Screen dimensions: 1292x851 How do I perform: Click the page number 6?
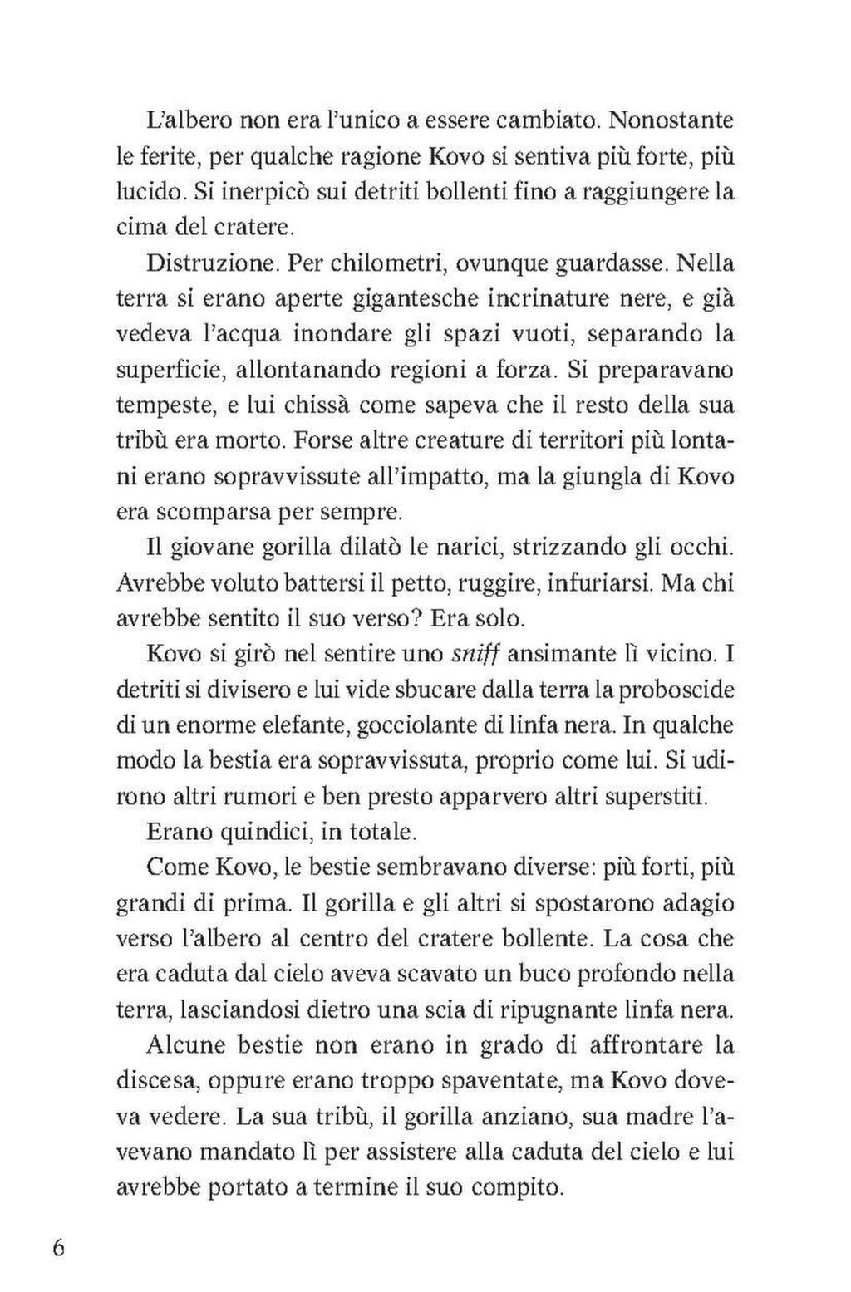57,1250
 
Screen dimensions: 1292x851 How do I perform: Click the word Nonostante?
671,120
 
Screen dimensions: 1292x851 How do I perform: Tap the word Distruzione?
209,264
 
